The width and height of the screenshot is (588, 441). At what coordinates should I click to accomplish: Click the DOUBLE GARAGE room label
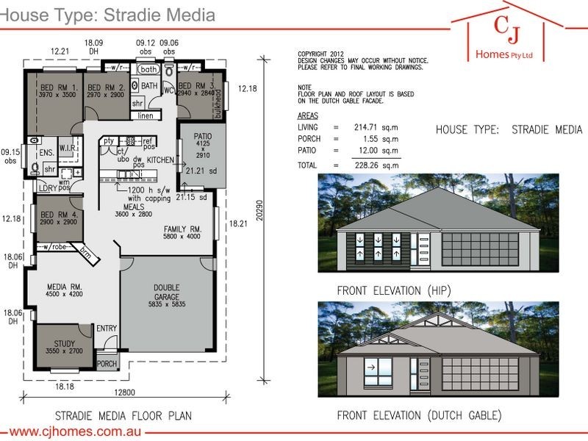click(166, 287)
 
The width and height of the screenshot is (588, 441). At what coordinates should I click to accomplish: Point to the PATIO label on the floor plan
click(202, 137)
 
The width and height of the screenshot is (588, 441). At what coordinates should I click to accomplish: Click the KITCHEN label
click(160, 159)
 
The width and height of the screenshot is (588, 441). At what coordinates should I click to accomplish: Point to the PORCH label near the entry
click(107, 364)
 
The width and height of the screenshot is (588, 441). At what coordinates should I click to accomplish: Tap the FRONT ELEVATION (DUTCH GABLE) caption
click(419, 416)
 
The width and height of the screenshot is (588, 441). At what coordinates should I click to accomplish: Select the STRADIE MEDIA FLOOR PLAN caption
click(123, 416)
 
